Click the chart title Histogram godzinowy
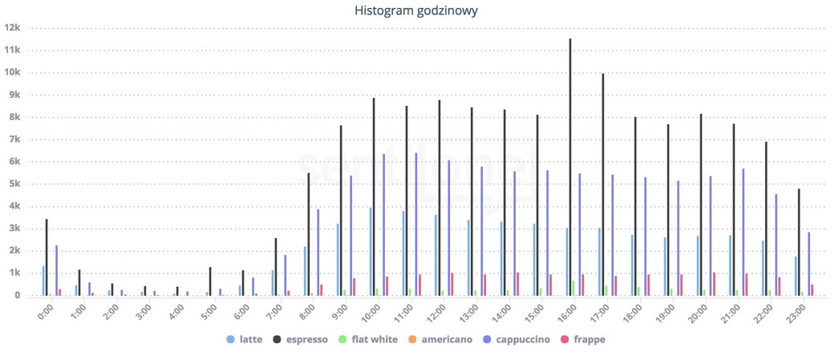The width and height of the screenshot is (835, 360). coord(416,11)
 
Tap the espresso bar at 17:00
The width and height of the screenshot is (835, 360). coord(603,184)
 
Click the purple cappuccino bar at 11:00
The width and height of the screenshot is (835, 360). coord(415,224)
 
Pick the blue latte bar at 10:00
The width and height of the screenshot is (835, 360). coord(370,252)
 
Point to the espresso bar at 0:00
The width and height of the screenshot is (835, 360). coord(47,257)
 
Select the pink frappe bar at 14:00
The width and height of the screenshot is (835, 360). coord(517,284)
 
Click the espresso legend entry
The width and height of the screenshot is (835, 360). coord(300,340)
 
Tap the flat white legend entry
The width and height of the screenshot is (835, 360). coord(368,340)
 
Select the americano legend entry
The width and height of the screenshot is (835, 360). coord(440,340)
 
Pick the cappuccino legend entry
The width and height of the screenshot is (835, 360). coord(517,340)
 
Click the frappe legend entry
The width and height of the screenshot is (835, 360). coord(583,340)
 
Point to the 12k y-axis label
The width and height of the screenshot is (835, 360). coord(13,27)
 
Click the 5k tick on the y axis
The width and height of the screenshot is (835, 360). coord(15,184)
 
